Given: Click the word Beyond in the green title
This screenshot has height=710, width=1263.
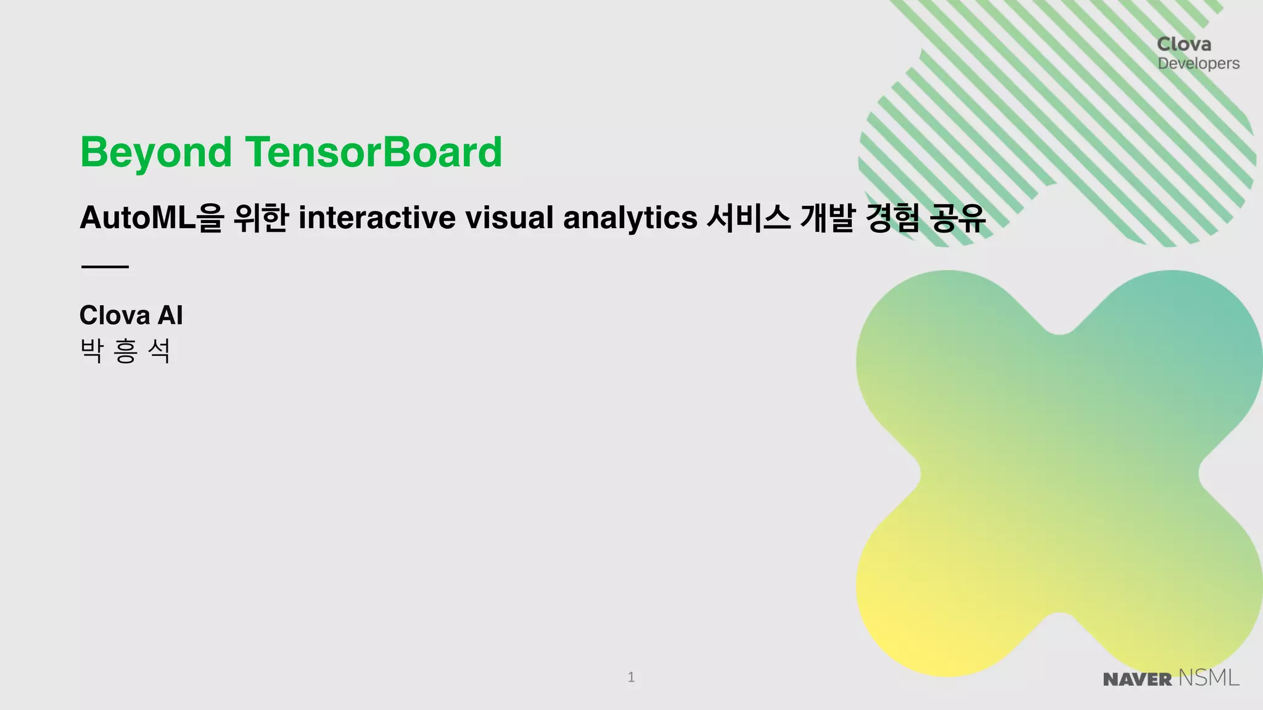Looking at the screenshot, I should tap(156, 153).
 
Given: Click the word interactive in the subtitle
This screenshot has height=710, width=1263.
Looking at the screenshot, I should tap(377, 218).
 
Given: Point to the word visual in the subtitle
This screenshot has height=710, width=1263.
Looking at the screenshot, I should tap(509, 218).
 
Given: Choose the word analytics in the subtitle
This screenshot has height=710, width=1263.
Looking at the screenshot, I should tap(630, 218).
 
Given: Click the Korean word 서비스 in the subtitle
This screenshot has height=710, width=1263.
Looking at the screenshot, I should tap(748, 218).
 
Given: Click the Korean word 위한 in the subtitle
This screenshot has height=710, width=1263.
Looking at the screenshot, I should tap(261, 218).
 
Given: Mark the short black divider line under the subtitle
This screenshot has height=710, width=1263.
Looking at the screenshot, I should tap(105, 267).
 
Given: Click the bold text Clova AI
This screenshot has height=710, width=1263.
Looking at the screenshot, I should tap(131, 316).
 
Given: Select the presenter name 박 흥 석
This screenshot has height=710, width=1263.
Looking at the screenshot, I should tap(125, 351).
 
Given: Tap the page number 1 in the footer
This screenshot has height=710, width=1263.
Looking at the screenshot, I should tap(631, 677).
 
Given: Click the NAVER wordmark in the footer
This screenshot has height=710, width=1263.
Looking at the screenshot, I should tap(1137, 679).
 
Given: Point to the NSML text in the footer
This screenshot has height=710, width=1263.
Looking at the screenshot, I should tap(1208, 678).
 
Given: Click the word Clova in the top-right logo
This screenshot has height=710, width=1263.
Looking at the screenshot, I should tap(1184, 44).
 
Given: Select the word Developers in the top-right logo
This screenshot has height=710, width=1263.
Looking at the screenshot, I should tap(1198, 63).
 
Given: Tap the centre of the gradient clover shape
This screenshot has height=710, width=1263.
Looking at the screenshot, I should tap(1059, 473).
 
